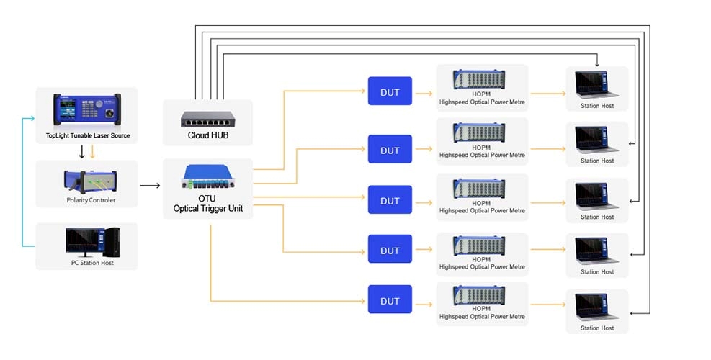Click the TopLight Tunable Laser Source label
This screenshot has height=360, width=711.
point(87,135)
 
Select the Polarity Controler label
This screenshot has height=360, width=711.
point(86,199)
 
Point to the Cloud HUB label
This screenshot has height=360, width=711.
point(208,135)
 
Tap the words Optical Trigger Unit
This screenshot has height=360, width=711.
point(208,209)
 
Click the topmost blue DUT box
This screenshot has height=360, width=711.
point(390,91)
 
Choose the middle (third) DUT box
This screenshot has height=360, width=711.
point(390,199)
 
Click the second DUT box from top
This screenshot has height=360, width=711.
point(390,150)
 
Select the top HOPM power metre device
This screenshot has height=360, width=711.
point(482,78)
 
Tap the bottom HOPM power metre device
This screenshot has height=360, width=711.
point(482,295)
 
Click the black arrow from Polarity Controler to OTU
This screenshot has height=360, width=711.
point(150,186)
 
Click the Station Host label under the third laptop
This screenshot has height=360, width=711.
point(597,217)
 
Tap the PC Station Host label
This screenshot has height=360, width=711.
point(86,263)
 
